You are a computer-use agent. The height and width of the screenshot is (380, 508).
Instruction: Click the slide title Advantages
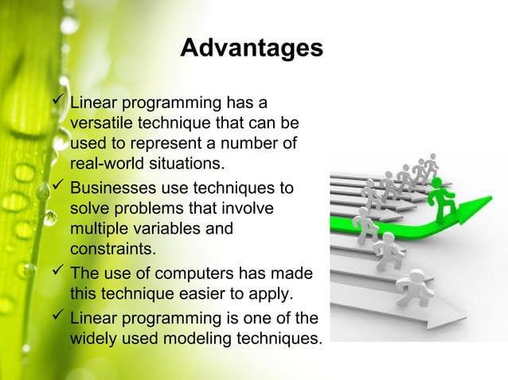pyautogui.click(x=252, y=48)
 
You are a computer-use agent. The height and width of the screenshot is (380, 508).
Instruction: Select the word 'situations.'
pyautogui.click(x=185, y=165)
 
